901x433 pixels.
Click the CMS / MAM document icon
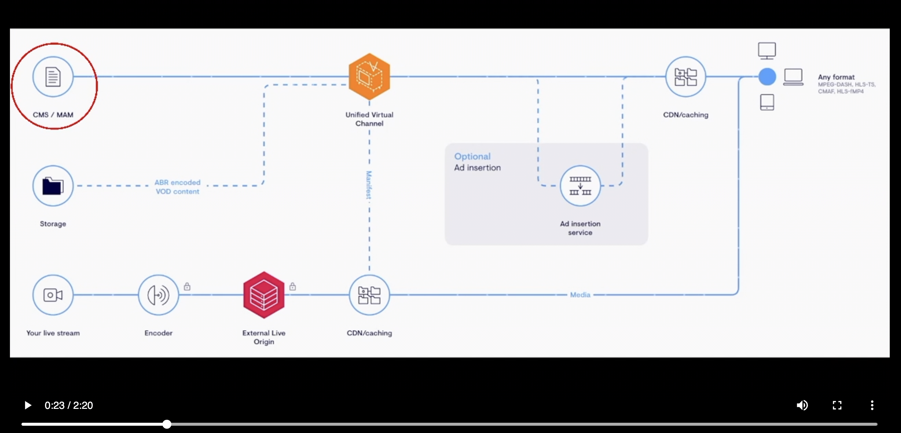[x=53, y=77]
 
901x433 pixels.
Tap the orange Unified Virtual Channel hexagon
[x=369, y=77]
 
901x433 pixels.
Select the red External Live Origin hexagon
[x=264, y=295]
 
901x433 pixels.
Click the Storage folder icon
[x=53, y=186]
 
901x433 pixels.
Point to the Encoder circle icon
[x=158, y=295]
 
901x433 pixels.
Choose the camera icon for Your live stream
[x=53, y=295]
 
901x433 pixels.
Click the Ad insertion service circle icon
[x=580, y=186]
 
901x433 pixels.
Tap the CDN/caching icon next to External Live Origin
[x=369, y=295]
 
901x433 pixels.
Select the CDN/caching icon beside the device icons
[x=685, y=77]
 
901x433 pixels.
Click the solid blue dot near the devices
[x=767, y=77]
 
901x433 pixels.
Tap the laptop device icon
[x=793, y=77]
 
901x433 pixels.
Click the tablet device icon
[x=767, y=102]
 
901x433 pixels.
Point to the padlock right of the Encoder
[x=187, y=287]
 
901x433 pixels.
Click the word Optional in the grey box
[x=472, y=156]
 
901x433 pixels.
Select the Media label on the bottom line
[x=580, y=295]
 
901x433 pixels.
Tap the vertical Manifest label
[x=369, y=185]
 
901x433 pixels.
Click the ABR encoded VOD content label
[x=177, y=187]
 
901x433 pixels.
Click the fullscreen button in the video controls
[x=837, y=405]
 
